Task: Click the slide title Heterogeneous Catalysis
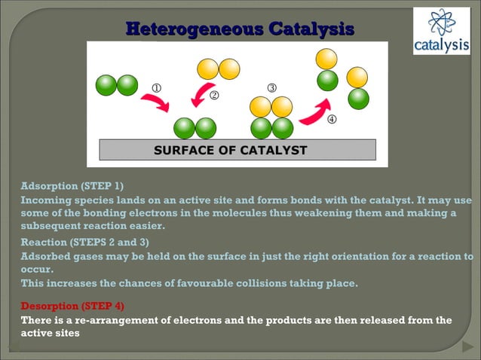click(x=240, y=29)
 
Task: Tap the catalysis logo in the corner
click(x=441, y=32)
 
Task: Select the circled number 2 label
click(x=214, y=96)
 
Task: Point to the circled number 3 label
click(x=271, y=87)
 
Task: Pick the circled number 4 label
click(x=331, y=119)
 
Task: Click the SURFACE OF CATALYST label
click(x=230, y=150)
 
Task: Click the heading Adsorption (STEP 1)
click(x=72, y=185)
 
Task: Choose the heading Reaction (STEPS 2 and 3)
click(x=84, y=242)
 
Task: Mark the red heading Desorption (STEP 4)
click(x=72, y=306)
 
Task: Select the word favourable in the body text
click(x=197, y=283)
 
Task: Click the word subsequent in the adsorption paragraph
click(x=54, y=225)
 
